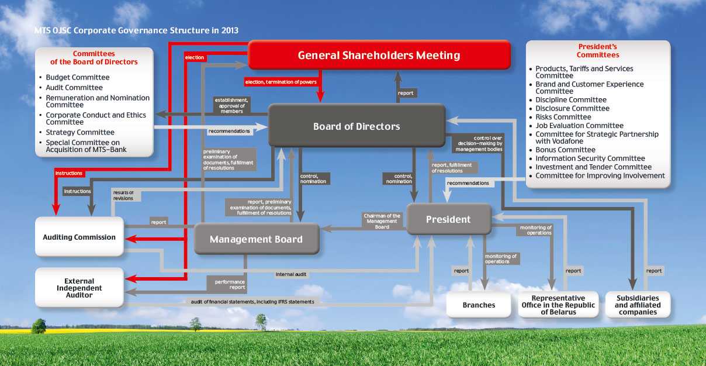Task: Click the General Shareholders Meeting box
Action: pos(379,55)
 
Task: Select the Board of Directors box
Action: pos(357,126)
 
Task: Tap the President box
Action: pos(449,219)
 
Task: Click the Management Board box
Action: pos(257,239)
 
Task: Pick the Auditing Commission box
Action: pos(79,237)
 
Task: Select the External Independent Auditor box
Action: pos(79,288)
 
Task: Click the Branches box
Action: pos(479,305)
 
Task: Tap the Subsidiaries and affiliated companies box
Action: pos(638,305)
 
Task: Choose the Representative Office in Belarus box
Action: pos(558,305)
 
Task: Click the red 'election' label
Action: pos(195,57)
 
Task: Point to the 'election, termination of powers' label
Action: pos(281,82)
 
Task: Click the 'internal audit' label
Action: pos(291,274)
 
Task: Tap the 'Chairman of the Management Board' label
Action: pos(382,221)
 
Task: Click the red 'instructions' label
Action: pos(69,173)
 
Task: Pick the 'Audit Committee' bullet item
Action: pos(74,87)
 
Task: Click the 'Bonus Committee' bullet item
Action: pos(565,150)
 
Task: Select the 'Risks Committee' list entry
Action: pos(563,117)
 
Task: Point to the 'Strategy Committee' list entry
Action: pos(80,132)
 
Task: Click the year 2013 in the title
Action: pos(230,30)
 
